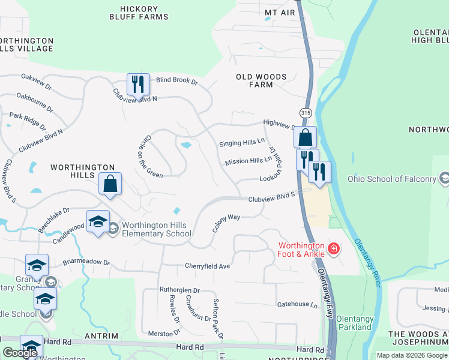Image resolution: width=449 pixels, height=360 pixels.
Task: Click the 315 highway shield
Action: [x=305, y=113]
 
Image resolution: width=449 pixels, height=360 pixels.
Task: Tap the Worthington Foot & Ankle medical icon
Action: [x=333, y=248]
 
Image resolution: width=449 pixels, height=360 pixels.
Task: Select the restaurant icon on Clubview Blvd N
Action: [x=138, y=85]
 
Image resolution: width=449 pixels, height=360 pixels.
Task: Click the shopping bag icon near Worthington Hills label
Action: [x=110, y=184]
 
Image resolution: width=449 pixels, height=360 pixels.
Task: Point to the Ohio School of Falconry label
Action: [x=392, y=179]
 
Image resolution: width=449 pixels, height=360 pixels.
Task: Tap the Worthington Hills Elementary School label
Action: [x=154, y=229]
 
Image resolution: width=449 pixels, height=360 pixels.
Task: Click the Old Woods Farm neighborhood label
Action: [x=261, y=81]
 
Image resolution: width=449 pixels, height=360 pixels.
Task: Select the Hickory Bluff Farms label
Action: [x=139, y=13]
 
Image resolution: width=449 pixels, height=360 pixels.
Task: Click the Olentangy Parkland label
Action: [x=354, y=323]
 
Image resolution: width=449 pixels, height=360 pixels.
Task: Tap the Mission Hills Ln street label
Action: [x=249, y=161]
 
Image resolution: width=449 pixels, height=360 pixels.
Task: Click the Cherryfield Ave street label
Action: [x=208, y=266]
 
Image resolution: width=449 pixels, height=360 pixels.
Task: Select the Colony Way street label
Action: [x=226, y=224]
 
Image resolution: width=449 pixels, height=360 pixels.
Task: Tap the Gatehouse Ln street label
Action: [x=297, y=305]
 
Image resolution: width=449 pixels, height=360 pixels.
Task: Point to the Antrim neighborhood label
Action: [x=101, y=336]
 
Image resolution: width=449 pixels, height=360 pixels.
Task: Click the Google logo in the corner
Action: [x=20, y=353]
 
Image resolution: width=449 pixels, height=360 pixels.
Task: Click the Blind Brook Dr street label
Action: [x=177, y=80]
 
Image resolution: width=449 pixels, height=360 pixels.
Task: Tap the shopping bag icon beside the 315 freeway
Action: [x=305, y=137]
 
